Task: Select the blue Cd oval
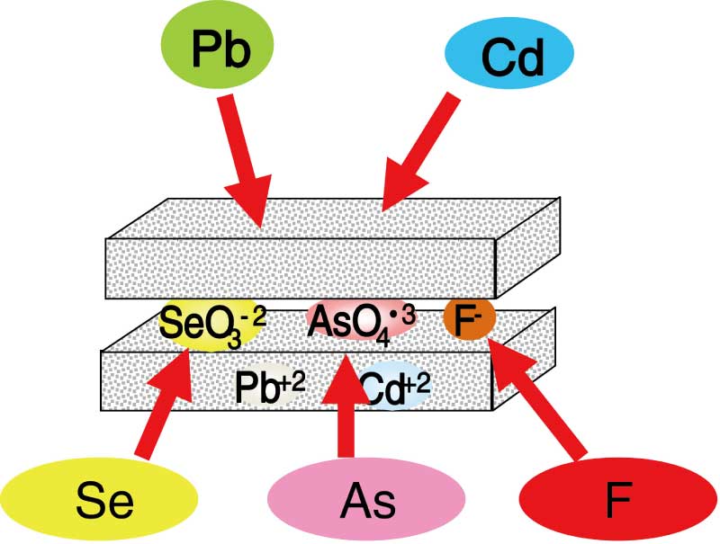[x=508, y=57]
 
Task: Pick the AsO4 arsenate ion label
[x=361, y=322]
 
